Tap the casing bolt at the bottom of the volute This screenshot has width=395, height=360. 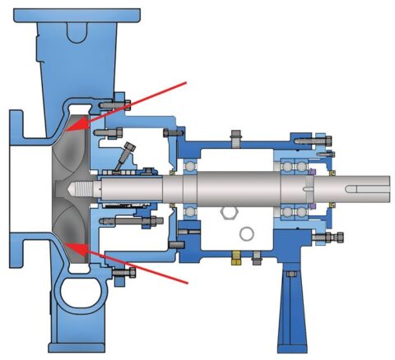pos(122,272)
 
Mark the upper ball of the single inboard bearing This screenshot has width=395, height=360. pos(191,163)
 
